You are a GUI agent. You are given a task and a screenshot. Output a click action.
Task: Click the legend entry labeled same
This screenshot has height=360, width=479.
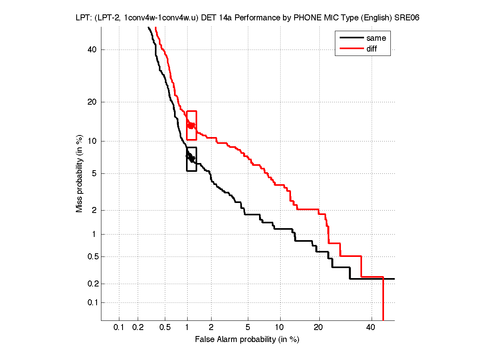(376, 38)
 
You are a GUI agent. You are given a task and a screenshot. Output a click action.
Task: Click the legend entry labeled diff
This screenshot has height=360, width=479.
(372, 49)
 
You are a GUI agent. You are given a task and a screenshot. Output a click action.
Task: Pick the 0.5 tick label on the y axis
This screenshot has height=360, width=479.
(93, 257)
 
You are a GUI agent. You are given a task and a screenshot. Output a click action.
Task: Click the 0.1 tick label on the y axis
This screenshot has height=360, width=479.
(93, 302)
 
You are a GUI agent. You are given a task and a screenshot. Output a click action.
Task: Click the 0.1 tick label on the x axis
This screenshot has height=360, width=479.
(119, 328)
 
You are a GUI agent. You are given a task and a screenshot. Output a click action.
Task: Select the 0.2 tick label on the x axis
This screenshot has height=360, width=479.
(138, 328)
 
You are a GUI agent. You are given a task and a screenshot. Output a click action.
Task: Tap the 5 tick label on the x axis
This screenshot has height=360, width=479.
(248, 328)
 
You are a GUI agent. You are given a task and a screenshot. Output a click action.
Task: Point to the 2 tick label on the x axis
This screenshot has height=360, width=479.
(211, 328)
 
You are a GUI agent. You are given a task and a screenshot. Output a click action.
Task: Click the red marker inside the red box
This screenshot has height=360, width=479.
(191, 125)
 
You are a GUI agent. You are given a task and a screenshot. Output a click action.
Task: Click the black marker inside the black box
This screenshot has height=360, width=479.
(191, 157)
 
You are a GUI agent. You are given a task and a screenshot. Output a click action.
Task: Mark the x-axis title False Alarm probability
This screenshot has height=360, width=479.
(247, 340)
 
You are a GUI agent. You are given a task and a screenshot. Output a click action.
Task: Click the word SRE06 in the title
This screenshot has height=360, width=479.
(406, 18)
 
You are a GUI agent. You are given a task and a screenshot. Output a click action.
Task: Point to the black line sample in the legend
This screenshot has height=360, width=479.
(351, 38)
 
